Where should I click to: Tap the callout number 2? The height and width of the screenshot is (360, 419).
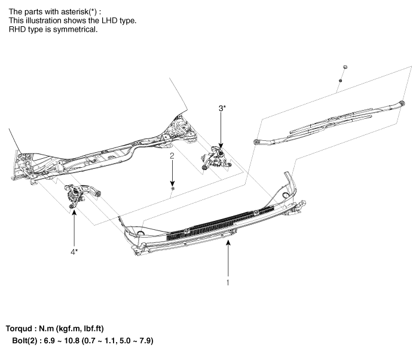coord(172,156)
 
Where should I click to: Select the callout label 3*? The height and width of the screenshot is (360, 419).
coord(222,108)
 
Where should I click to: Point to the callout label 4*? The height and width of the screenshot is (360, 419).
coord(74,251)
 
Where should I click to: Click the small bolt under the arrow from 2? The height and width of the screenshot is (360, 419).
coord(172,188)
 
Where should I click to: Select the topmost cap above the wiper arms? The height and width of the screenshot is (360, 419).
coord(345,65)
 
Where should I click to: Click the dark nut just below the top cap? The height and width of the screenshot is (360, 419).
coord(340,79)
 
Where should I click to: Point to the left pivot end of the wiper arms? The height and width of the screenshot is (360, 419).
coord(256,142)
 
